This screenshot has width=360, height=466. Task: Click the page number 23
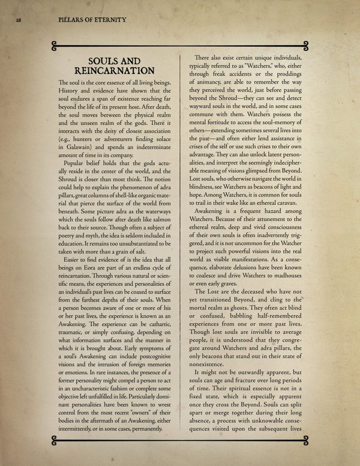tap(19, 20)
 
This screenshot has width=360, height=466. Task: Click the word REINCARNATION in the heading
tap(113, 71)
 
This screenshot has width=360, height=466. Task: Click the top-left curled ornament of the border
tap(55, 43)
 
